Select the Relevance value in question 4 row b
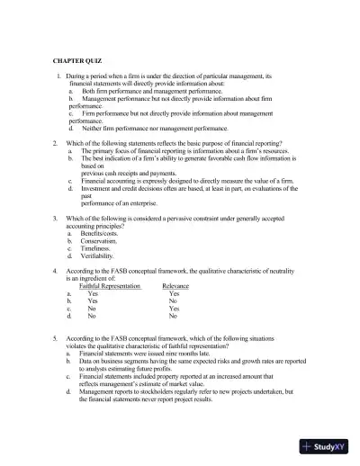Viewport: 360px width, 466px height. point(174,301)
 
